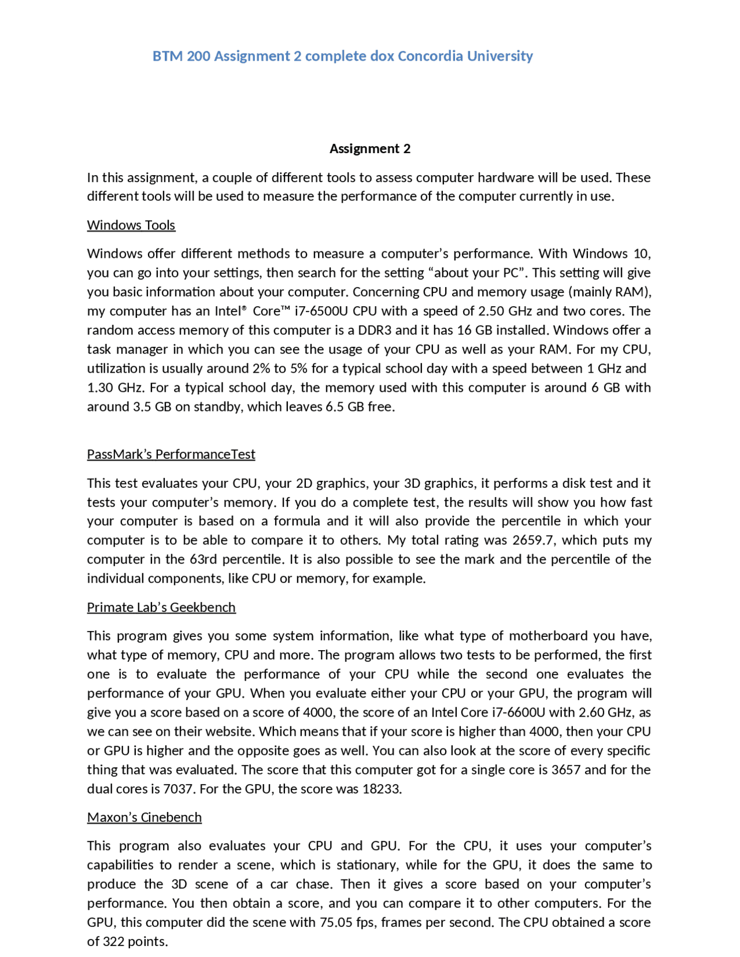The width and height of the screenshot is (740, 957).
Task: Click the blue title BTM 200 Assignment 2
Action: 342,56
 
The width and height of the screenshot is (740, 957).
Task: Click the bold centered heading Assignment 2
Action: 370,149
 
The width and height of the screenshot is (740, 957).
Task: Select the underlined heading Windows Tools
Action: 131,225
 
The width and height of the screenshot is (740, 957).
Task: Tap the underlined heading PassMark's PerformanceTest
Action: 171,454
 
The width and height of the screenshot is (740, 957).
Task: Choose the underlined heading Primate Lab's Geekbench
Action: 161,607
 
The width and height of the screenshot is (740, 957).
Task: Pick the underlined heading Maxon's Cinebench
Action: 145,817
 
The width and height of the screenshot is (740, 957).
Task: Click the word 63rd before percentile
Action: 203,559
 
